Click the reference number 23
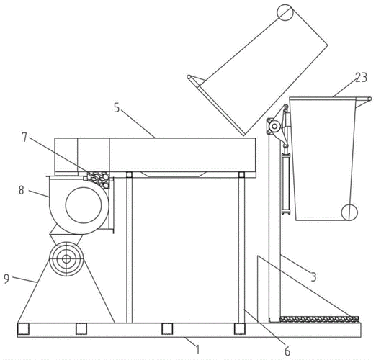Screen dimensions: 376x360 361,78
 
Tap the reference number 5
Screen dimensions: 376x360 117,108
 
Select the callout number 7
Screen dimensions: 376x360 24,138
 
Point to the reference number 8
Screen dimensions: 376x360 22,190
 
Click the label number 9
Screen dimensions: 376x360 6,279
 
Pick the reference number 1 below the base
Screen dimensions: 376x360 197,349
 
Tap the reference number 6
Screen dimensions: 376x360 287,351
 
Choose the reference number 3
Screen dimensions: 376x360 313,276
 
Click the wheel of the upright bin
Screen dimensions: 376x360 349,212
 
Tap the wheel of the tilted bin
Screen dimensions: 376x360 285,12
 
